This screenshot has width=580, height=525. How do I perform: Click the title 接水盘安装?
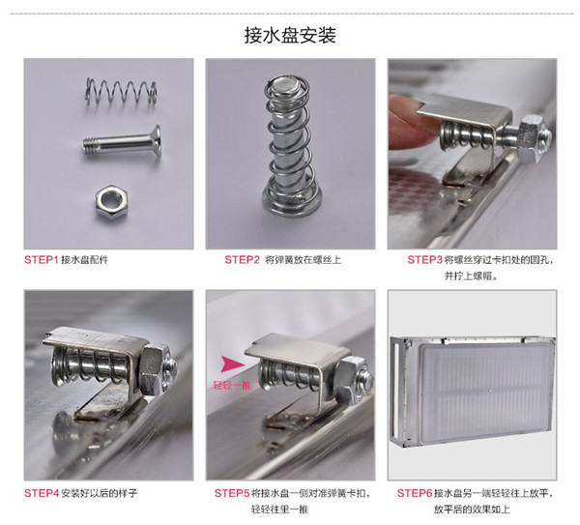coord(290,36)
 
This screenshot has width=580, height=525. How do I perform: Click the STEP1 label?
coord(42,260)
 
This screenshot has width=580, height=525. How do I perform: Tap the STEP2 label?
coord(243,260)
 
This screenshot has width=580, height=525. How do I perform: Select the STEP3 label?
coord(424,260)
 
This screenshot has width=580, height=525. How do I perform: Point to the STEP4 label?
coord(42,493)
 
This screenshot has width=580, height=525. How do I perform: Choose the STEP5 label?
coord(232,493)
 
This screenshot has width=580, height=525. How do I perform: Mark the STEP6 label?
coord(415,493)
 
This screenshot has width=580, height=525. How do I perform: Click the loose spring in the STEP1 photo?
coord(122,92)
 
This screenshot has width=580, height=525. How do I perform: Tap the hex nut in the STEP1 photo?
coord(112,202)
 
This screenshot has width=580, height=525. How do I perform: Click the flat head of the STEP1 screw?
coord(157,141)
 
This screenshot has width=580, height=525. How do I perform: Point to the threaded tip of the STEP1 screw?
coord(90,145)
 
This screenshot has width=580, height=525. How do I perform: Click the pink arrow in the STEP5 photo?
coord(233,365)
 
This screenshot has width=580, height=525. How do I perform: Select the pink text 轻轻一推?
coord(232,385)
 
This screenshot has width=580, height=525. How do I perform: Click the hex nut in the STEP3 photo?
coord(531,137)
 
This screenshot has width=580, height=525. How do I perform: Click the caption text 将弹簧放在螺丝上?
coord(303,260)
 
